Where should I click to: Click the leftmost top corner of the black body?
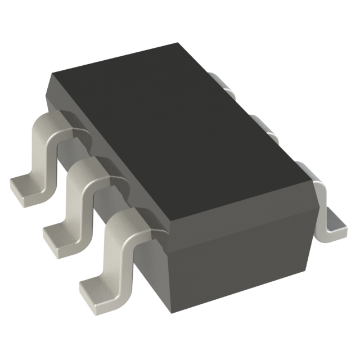(52, 74)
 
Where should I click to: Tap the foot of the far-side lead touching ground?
(336, 223)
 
